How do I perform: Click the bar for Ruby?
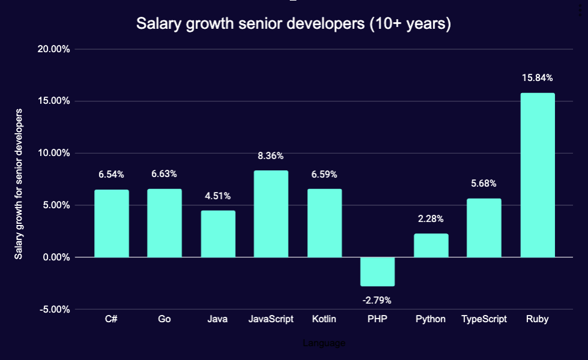point(538,175)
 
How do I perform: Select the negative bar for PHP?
point(377,272)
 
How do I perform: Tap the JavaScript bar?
point(271,214)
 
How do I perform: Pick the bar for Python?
point(431,245)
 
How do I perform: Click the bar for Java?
point(218,234)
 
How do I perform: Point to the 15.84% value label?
point(537,78)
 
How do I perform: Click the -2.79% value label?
point(377,300)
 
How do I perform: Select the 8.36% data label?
point(271,156)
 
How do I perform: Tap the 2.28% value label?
point(431,219)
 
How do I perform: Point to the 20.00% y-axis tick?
point(53,49)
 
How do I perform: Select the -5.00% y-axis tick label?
point(55,310)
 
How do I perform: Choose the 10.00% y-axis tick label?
point(53,153)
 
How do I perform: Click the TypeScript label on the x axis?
point(484,319)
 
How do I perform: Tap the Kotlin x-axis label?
point(324,319)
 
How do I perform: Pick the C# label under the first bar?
point(111,319)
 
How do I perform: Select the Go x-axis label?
point(164,319)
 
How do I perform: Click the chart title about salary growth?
point(293,24)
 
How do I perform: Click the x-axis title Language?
point(324,343)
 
